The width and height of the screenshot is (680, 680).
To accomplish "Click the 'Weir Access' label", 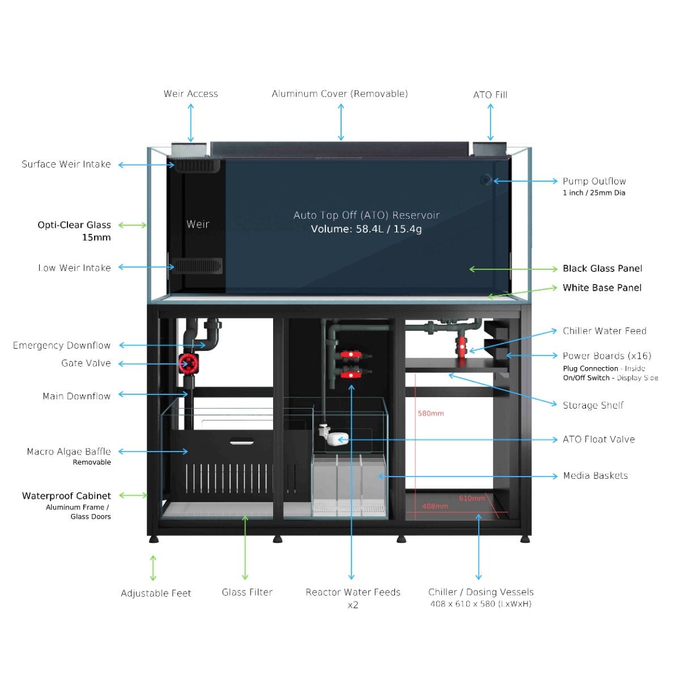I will pyautogui.click(x=190, y=94).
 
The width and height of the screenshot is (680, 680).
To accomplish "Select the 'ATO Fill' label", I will pyautogui.click(x=490, y=95).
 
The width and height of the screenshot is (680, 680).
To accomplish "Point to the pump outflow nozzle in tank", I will pyautogui.click(x=486, y=180).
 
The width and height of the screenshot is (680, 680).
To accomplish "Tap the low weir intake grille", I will pyautogui.click(x=198, y=266).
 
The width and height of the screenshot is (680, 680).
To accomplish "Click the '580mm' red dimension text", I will pyautogui.click(x=431, y=414).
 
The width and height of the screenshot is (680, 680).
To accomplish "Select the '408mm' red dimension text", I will pyautogui.click(x=435, y=506).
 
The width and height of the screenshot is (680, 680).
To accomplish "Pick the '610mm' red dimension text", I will pyautogui.click(x=471, y=499).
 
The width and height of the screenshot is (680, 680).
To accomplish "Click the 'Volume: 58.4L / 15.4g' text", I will pyautogui.click(x=366, y=229).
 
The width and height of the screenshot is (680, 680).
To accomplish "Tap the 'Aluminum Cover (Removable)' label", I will pyautogui.click(x=339, y=94).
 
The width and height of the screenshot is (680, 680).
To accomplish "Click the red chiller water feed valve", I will pyautogui.click(x=463, y=344).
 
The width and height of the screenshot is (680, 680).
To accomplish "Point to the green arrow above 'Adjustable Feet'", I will pyautogui.click(x=153, y=568).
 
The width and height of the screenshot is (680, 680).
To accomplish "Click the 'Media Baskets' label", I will pyautogui.click(x=595, y=476).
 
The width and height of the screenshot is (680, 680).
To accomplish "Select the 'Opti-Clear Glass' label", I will pyautogui.click(x=74, y=225).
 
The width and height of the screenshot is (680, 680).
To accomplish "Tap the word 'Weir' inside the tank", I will pyautogui.click(x=198, y=224).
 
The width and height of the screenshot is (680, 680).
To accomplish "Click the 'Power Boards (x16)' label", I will pyautogui.click(x=606, y=356).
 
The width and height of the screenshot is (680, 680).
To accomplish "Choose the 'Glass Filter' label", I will pyautogui.click(x=247, y=592).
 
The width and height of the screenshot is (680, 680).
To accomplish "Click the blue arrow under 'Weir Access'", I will pyautogui.click(x=191, y=122).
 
